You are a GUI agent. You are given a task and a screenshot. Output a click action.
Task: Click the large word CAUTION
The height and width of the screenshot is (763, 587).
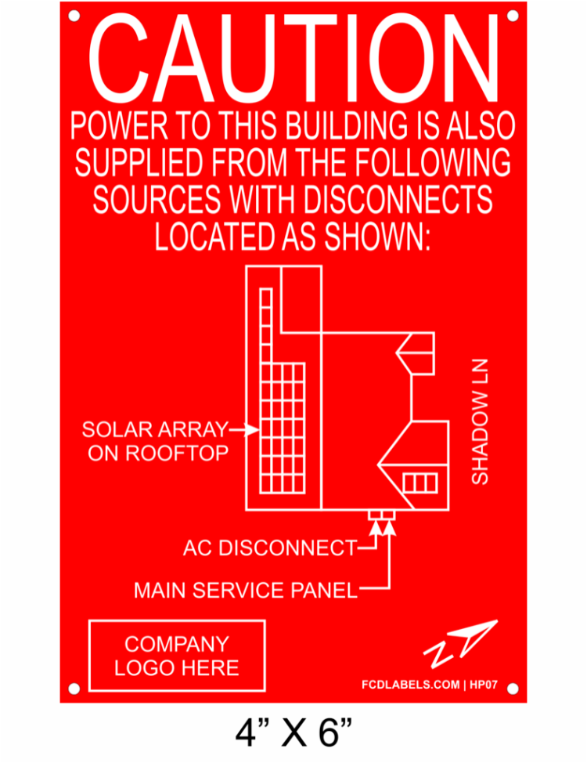pos(293,58)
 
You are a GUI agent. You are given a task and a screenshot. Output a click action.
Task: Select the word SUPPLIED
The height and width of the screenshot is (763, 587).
pos(139,162)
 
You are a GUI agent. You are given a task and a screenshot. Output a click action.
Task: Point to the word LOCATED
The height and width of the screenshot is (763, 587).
pos(214,237)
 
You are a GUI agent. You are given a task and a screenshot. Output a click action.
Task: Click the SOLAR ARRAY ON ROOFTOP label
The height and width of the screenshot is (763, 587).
pos(155,441)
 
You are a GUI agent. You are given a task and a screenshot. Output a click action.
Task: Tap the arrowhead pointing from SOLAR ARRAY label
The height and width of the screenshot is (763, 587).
pos(252,430)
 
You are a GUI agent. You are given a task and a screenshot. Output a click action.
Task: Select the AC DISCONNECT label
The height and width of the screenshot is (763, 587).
pos(270,548)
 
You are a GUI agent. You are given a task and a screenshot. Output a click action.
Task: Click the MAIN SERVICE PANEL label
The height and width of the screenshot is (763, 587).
pos(246,590)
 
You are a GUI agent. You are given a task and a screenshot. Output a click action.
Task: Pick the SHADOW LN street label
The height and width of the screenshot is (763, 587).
pos(480,422)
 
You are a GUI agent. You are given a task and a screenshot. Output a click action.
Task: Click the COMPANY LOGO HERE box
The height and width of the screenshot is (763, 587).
pos(177,656)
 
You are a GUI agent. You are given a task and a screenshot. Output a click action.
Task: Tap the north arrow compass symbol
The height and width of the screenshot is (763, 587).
pos(460,643)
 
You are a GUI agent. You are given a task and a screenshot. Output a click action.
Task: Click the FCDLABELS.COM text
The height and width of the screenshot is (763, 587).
pos(410,685)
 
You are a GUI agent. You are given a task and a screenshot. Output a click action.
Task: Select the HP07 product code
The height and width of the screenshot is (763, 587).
pos(484,685)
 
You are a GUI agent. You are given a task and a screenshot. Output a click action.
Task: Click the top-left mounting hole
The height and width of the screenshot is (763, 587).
pos(74,16)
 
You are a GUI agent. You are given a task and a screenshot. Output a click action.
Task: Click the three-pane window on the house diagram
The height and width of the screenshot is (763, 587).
pos(420,483)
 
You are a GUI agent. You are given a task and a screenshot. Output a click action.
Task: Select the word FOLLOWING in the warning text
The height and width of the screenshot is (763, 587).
pos(433,162)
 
